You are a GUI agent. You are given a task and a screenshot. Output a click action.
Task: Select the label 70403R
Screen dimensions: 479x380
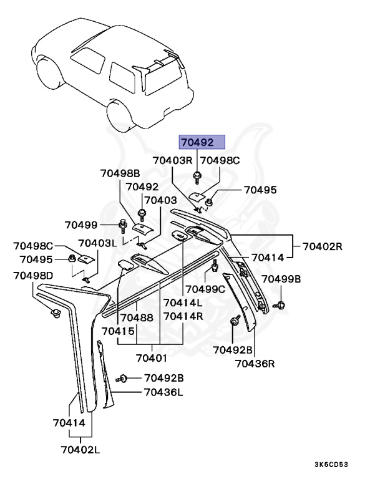click(x=173, y=160)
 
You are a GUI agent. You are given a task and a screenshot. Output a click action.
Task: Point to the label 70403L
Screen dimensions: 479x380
click(x=97, y=243)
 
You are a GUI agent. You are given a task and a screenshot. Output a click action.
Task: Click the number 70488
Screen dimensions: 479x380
click(x=137, y=317)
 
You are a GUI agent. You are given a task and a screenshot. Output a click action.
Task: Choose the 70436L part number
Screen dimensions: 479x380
click(x=163, y=392)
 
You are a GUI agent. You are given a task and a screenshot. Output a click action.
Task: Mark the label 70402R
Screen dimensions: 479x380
click(x=323, y=246)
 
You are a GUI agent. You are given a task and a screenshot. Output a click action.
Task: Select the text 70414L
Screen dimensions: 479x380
click(x=183, y=303)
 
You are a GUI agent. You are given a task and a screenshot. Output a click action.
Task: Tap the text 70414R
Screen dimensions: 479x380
click(x=183, y=317)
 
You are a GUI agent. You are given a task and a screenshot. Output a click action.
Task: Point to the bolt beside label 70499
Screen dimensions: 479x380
click(x=124, y=225)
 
